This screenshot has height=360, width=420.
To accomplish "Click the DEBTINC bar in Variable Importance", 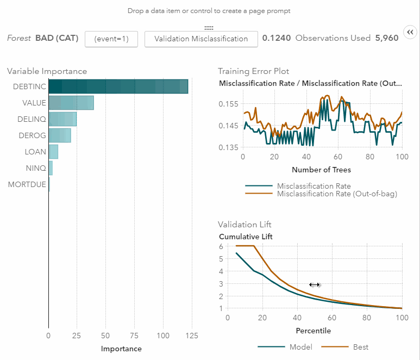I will [118, 86].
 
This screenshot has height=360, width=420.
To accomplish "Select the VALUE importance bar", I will [71, 103].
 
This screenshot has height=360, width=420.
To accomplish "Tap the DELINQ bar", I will [62, 119].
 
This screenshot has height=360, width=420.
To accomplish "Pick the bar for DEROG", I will [60, 135].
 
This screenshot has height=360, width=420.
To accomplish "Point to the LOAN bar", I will [53, 152].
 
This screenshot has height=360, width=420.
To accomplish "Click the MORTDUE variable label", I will [27, 185].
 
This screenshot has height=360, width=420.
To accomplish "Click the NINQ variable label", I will [36, 169].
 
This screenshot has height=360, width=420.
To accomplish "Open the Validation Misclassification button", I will [201, 39].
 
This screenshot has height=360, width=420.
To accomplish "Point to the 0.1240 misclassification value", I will [277, 39].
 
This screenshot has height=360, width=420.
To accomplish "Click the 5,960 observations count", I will [386, 39].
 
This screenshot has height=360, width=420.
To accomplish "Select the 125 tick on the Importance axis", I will [191, 336].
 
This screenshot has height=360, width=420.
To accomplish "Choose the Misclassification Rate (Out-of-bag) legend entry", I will [337, 194].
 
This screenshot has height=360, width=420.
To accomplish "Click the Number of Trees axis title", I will [321, 170].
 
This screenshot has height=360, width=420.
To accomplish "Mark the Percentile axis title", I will [313, 331].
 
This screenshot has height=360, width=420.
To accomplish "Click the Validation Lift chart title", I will [245, 224].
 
